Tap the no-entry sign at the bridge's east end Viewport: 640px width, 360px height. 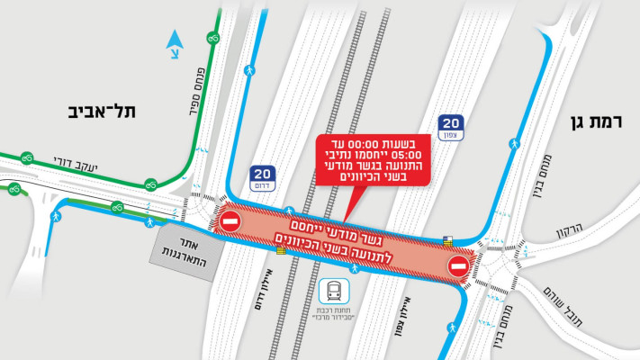(x=457, y=266)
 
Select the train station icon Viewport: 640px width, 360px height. (x=335, y=292)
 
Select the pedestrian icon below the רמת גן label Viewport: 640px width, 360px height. (x=515, y=143)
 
